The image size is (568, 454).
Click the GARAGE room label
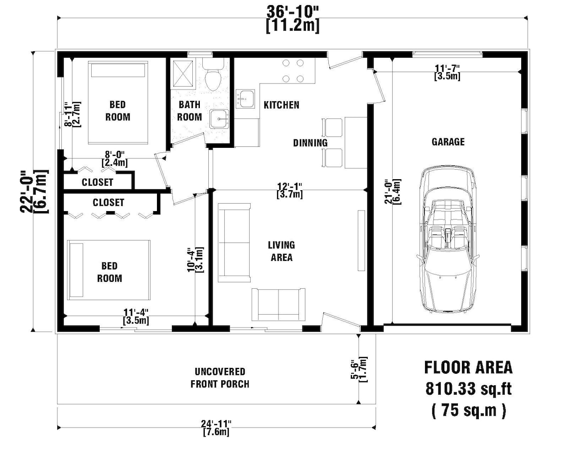tap(447, 142)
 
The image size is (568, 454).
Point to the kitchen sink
tap(245, 99)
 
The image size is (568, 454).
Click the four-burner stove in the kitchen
tap(293, 71)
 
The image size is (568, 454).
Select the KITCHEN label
tap(281, 105)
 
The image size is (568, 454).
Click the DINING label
tap(310, 143)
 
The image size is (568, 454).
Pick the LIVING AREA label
tap(281, 251)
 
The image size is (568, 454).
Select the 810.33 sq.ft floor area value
tap(468, 388)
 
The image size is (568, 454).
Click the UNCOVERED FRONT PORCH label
tap(220, 378)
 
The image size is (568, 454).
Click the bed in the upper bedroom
tap(119, 102)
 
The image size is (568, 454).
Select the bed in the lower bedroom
tap(109, 269)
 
